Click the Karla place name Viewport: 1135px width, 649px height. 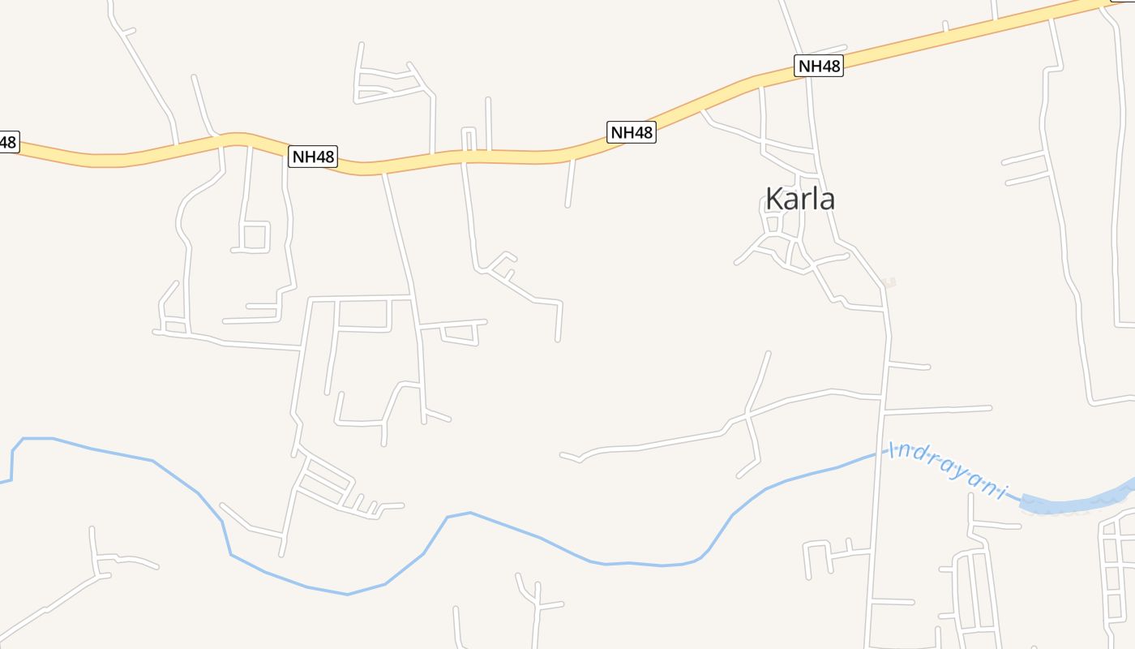[799, 199]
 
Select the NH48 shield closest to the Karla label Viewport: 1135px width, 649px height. [820, 67]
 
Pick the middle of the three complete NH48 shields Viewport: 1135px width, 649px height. [632, 132]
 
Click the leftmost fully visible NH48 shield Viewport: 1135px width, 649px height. [313, 157]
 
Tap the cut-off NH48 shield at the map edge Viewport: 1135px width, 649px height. [7, 142]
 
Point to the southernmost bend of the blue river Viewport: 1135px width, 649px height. [348, 594]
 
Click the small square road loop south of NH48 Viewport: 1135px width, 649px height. [255, 236]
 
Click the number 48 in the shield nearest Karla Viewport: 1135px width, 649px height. [830, 67]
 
